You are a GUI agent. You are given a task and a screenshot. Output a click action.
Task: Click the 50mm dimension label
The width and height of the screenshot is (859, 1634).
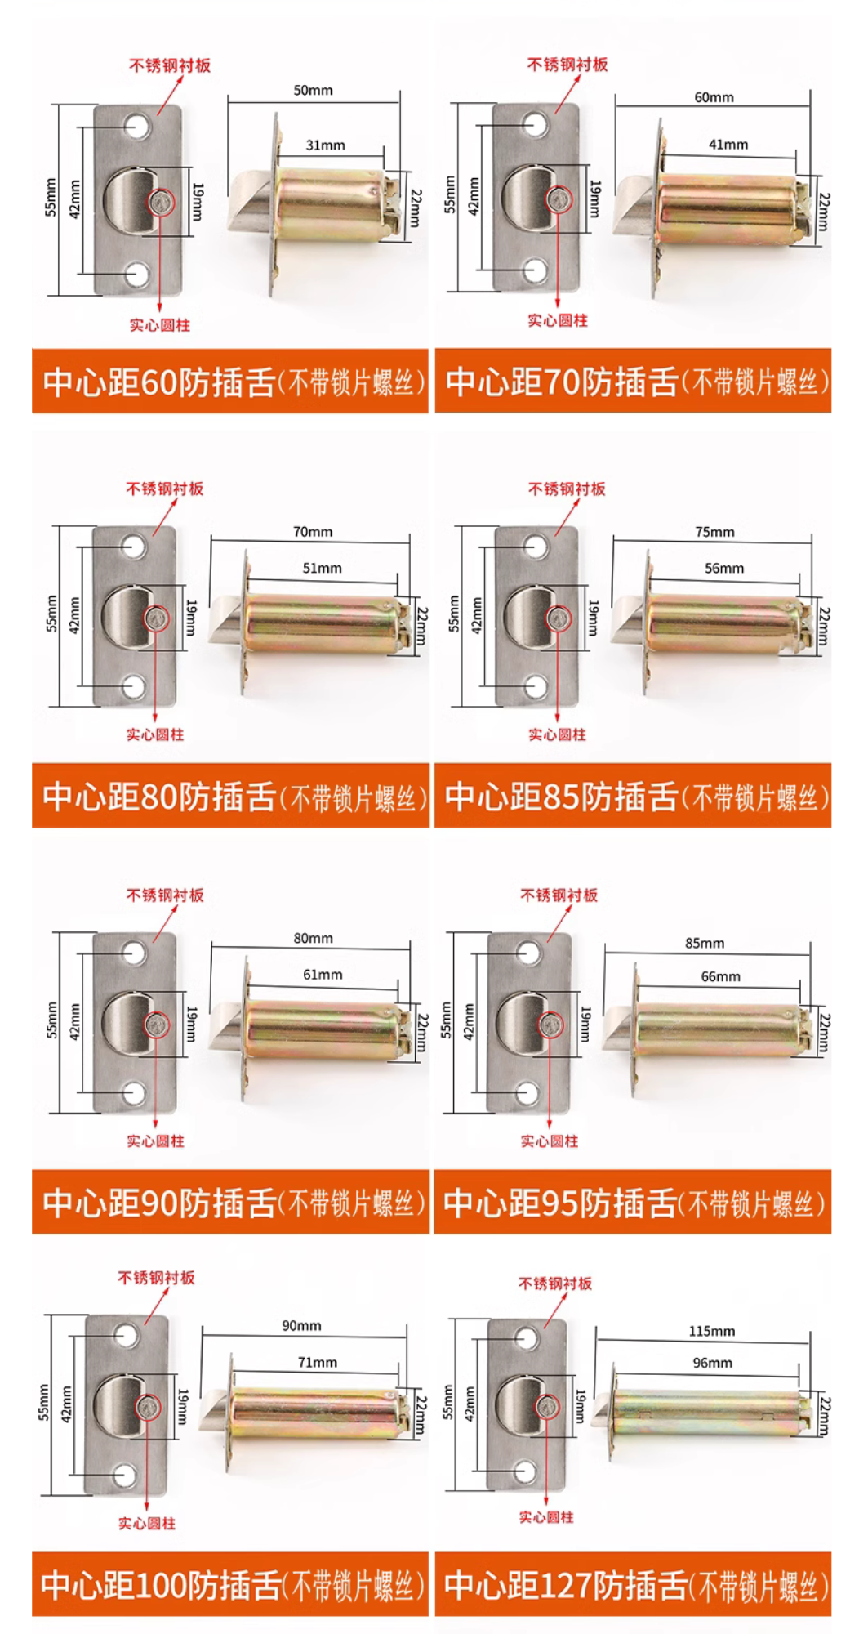point(313,91)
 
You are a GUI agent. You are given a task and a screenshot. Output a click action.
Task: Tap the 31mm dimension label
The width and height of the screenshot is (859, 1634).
point(325,145)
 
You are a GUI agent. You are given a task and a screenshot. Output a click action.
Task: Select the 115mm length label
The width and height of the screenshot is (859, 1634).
point(711,1331)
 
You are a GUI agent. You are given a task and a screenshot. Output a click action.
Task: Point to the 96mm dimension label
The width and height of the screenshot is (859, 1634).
point(712,1363)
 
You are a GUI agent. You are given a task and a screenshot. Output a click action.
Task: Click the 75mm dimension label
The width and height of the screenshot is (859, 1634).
point(714,532)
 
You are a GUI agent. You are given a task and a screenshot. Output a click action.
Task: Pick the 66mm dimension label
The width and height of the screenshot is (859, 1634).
point(720,976)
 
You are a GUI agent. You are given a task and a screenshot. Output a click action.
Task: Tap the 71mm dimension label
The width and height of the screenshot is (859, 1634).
point(317,1362)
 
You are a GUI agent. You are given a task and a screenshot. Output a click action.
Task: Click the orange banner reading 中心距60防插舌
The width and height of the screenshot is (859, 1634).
point(229,382)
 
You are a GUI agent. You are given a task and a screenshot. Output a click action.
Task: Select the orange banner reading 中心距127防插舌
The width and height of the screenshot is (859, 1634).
point(633,1585)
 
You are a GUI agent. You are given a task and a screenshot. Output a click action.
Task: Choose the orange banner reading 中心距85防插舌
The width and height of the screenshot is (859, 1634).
point(633,796)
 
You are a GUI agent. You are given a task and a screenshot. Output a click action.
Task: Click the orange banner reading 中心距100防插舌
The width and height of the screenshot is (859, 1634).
point(229,1585)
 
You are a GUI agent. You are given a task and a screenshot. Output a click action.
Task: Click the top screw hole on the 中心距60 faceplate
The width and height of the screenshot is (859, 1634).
point(137,127)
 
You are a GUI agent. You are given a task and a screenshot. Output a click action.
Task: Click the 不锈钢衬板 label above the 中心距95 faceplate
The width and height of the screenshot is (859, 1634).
point(559,895)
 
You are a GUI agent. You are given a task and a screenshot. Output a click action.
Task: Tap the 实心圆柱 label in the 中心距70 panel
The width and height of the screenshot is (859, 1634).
point(557,321)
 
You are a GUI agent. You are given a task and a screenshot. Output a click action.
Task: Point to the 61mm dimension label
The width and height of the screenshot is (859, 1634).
point(323,975)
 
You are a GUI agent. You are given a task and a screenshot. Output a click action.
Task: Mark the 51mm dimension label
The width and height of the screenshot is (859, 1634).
point(322,568)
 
